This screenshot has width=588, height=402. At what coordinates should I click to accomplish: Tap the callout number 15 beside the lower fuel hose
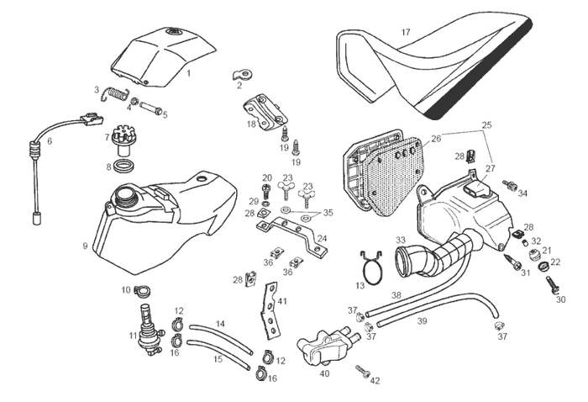(x=218, y=358)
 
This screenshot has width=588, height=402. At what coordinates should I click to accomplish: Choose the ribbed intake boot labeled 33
(x=428, y=255)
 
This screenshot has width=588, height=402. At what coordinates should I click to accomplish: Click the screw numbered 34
(x=510, y=184)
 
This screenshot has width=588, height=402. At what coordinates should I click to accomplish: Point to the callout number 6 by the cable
(x=50, y=141)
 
